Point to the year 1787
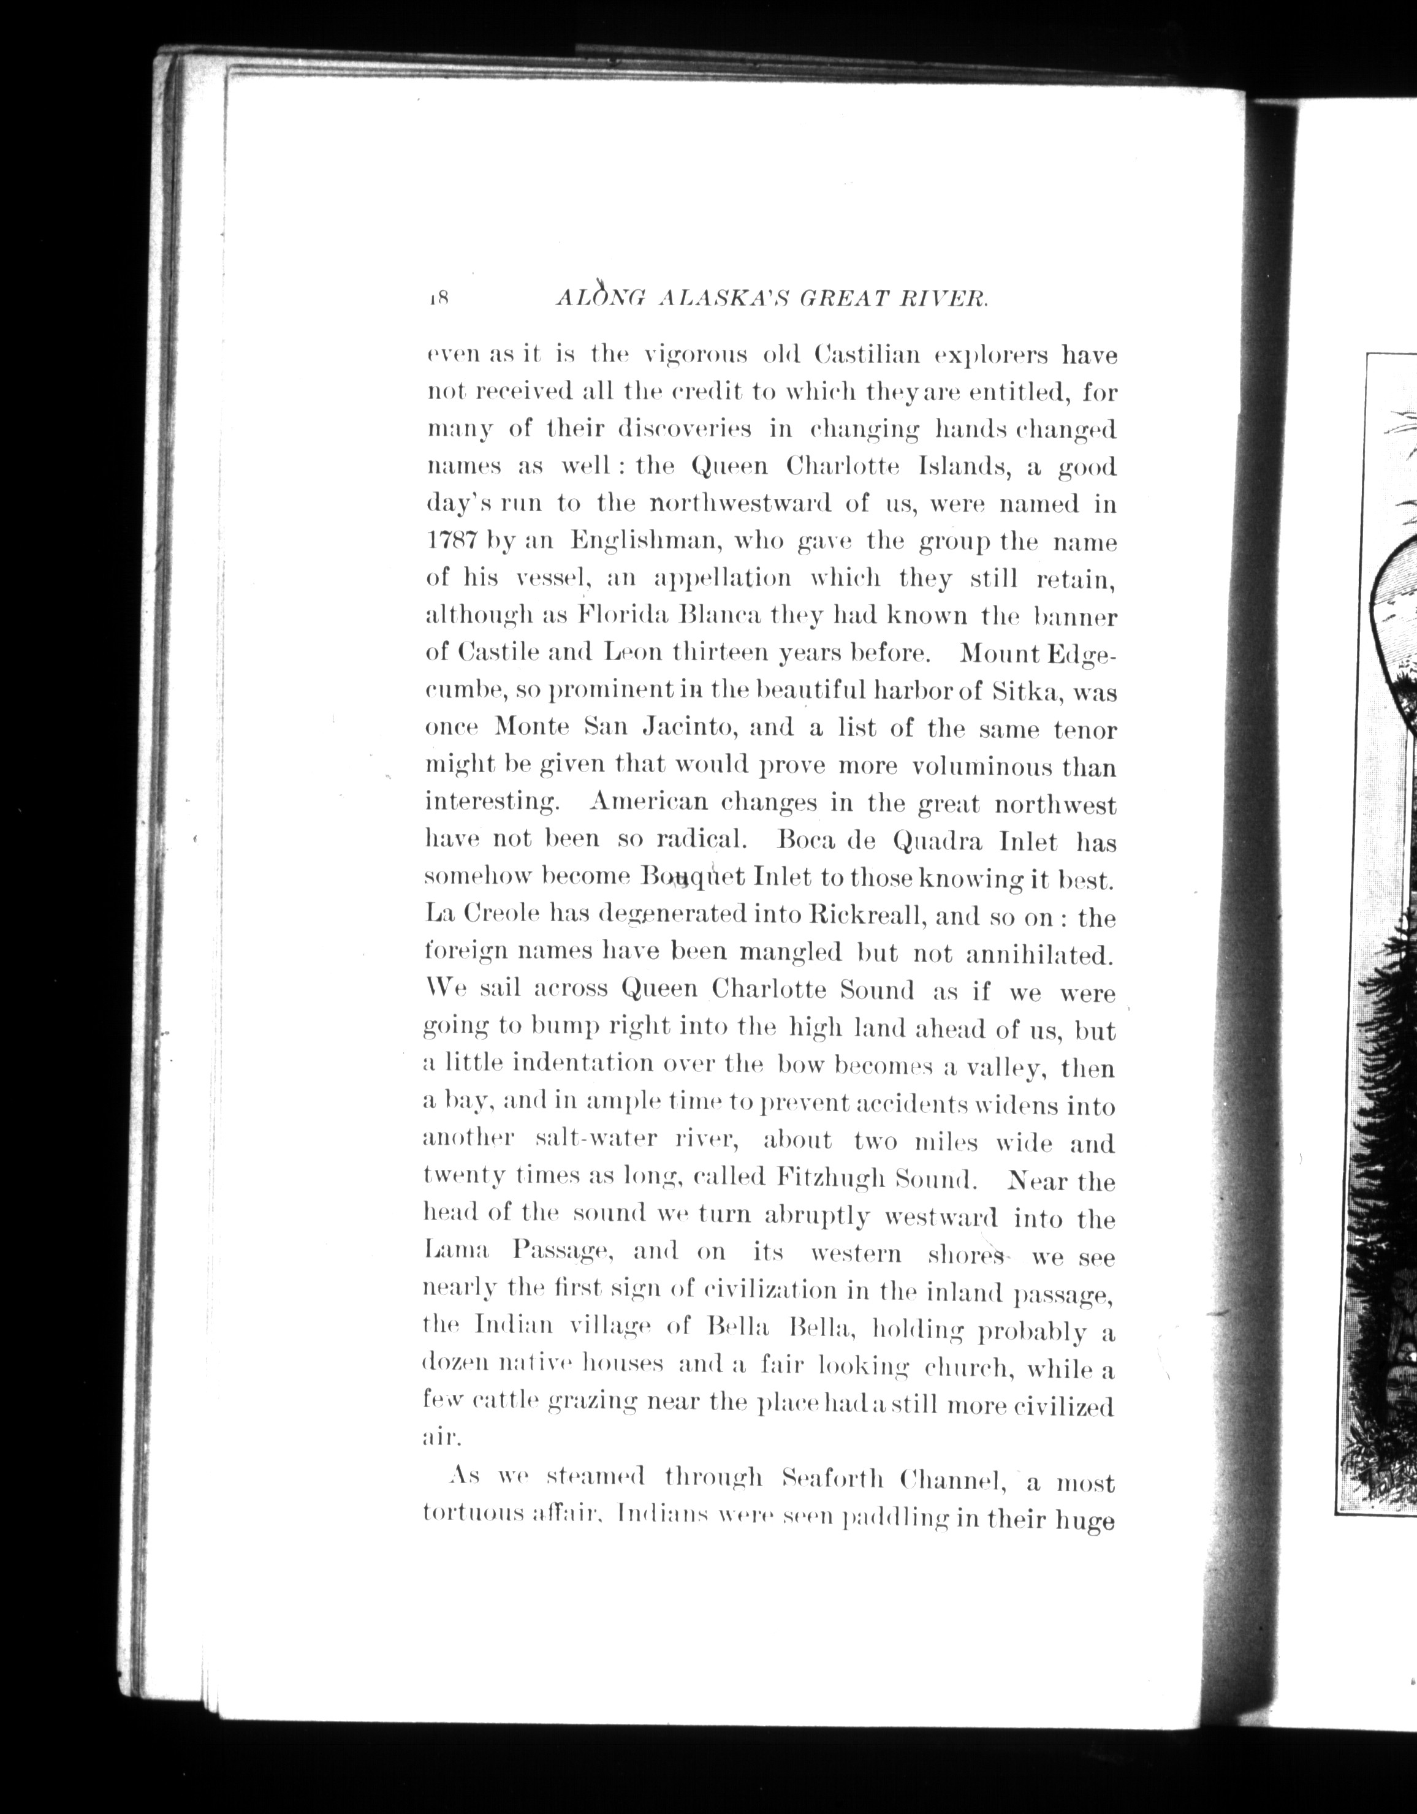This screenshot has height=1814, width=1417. pyautogui.click(x=449, y=542)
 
